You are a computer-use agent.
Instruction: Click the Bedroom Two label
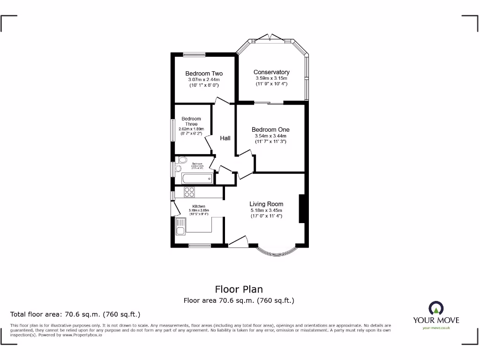point(204,74)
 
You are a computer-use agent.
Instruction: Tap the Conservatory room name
point(271,72)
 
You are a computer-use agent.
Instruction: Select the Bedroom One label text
point(270,130)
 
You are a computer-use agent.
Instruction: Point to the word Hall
point(225,138)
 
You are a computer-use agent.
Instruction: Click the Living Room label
point(266,204)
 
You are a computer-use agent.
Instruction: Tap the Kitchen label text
point(198,206)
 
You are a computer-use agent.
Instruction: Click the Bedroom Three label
point(191,121)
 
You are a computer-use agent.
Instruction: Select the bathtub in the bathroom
point(197,179)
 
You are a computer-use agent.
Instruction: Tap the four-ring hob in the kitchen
point(189,192)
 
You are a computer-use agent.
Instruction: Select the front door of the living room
point(238,242)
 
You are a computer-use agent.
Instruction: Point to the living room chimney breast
point(302,209)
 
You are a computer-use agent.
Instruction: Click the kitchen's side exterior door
point(173,208)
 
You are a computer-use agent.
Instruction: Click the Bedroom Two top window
point(192,54)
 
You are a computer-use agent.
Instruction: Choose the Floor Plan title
point(239,289)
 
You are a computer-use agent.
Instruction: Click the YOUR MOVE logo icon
point(436,308)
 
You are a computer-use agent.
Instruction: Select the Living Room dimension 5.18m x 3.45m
point(266,210)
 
